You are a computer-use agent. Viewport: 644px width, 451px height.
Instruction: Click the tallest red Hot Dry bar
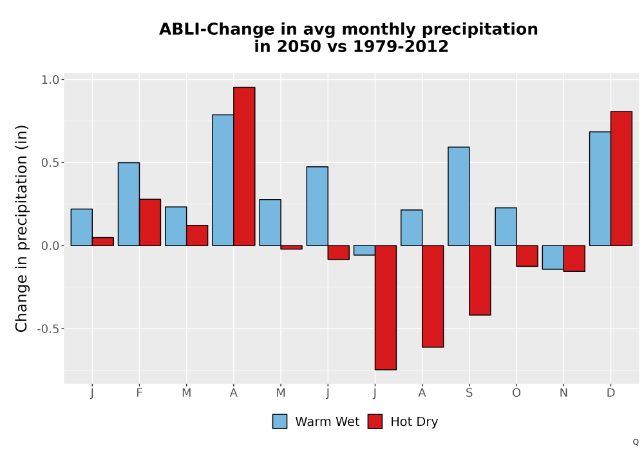click(244, 166)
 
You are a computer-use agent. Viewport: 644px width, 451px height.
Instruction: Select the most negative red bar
click(386, 308)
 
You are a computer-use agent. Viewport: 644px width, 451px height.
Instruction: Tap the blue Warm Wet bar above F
click(129, 204)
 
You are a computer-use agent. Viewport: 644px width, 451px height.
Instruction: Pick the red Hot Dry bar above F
click(150, 222)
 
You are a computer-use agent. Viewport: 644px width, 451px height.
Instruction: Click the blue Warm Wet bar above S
click(459, 197)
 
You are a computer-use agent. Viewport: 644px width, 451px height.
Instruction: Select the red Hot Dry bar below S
click(480, 280)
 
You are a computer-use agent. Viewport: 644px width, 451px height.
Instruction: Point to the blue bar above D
click(600, 189)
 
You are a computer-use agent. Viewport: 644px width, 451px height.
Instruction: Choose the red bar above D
click(621, 178)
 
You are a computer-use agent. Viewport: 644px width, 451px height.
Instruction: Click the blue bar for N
click(553, 258)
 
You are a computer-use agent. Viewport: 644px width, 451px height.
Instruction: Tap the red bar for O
click(527, 256)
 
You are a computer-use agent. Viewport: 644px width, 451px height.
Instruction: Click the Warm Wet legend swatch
click(279, 421)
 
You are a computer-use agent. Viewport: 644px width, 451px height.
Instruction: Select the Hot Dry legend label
click(414, 422)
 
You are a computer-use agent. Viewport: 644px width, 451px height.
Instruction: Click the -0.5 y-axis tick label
click(48, 329)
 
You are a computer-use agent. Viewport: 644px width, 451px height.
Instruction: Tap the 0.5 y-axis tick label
click(50, 162)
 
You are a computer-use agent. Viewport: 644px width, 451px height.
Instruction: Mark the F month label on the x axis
click(139, 393)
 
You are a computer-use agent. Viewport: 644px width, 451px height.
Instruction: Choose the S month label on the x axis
click(469, 393)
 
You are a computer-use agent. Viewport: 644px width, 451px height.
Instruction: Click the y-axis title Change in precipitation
click(21, 228)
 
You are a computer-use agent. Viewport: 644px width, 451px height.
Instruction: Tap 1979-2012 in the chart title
click(401, 46)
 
